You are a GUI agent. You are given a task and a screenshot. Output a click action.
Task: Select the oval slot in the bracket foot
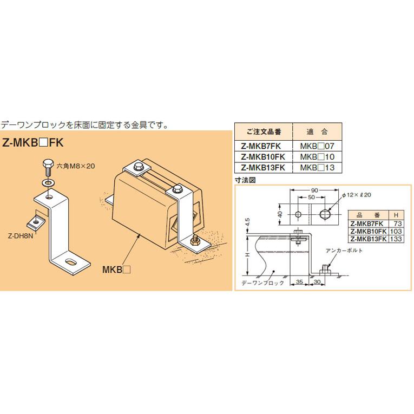click(x=71, y=262)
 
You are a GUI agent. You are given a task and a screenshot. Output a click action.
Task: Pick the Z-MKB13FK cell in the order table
click(x=262, y=167)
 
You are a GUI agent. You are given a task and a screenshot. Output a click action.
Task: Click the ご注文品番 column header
click(x=263, y=132)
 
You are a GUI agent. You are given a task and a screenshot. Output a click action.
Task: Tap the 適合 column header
click(x=317, y=132)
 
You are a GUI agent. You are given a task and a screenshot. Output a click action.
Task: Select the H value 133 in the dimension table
click(x=397, y=239)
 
